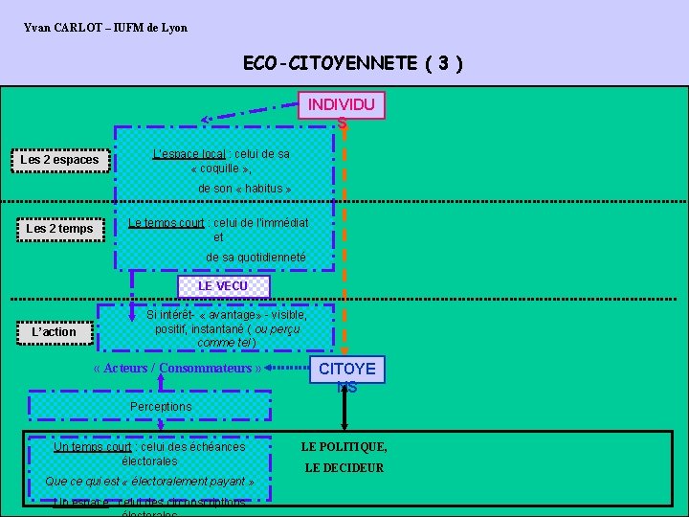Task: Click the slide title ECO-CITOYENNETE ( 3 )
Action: coord(353,64)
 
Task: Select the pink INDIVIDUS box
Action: coord(342,105)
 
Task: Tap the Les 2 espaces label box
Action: coord(59,160)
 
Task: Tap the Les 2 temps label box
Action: coord(59,229)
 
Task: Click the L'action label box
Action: coord(54,332)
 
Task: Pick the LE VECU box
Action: coord(223,286)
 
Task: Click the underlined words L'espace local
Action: coord(189,154)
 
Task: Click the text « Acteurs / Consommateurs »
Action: coord(178,369)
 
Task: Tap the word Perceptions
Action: coord(161,407)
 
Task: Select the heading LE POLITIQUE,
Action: coord(344,446)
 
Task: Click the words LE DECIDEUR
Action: coord(344,468)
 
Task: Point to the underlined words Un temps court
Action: coord(93,447)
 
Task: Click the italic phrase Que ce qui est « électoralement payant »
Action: coord(149,482)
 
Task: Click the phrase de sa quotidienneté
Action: coord(256,258)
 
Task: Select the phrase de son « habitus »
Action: coord(239,189)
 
